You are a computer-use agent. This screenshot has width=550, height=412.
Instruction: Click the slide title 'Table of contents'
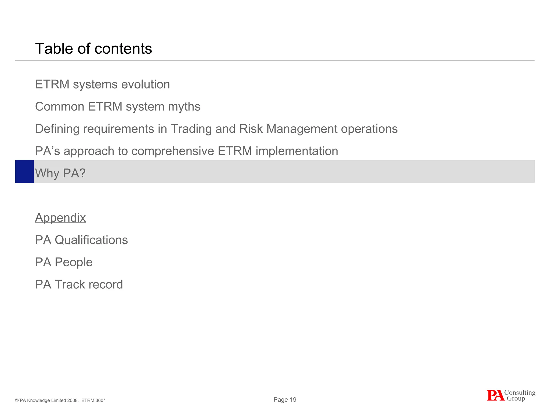(93, 49)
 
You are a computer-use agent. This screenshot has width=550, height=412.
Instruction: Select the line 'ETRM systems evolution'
(102, 84)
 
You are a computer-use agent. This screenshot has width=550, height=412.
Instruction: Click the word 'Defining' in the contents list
(57, 129)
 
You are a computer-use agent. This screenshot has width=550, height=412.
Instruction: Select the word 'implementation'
(297, 151)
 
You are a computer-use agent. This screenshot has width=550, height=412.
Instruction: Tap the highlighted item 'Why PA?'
(60, 173)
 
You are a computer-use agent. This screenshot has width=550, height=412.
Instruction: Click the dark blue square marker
(24, 172)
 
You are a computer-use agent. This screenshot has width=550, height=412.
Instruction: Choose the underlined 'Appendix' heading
(60, 218)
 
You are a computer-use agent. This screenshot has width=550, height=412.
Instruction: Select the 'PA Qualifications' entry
(81, 240)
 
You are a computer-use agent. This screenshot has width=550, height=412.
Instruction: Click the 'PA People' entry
(64, 262)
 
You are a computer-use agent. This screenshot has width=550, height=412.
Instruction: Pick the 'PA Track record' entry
(79, 285)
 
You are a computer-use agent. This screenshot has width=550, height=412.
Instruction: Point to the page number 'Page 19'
(285, 400)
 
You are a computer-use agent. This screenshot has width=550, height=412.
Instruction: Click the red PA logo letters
(495, 396)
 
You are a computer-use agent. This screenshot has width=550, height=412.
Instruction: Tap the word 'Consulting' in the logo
(520, 393)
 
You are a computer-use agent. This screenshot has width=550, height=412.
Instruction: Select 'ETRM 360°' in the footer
(93, 400)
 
